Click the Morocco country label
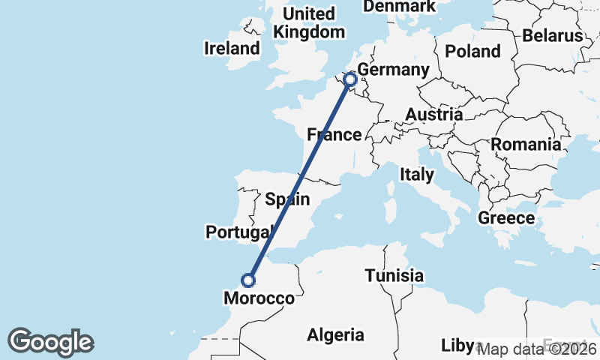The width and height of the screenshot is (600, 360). (259, 298)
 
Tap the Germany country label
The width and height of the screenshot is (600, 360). (393, 70)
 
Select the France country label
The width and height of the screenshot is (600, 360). (334, 135)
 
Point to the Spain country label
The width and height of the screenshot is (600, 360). (287, 199)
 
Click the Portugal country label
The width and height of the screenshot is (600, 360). (238, 232)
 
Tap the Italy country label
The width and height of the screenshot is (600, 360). (417, 175)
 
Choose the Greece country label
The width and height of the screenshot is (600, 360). (506, 218)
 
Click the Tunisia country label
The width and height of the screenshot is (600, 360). (394, 276)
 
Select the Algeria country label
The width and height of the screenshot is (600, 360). (337, 335)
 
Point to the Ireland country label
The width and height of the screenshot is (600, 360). (232, 49)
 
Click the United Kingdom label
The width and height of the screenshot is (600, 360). (310, 23)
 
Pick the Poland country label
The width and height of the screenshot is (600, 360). (472, 51)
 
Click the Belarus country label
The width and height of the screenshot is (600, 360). (553, 35)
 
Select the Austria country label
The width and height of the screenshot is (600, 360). (434, 114)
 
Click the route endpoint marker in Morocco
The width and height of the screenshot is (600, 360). (248, 280)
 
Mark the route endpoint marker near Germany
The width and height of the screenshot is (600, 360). (349, 79)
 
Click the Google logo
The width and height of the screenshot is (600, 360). (50, 342)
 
